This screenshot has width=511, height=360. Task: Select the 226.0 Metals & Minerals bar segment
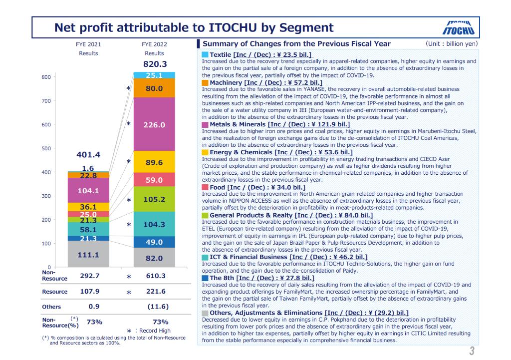coord(154,124)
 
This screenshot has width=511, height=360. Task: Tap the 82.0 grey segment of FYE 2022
coord(154,258)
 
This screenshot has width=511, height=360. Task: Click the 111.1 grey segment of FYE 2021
coord(81,254)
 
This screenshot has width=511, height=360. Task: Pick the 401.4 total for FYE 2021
coord(81,154)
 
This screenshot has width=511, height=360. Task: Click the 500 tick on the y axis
coord(46,149)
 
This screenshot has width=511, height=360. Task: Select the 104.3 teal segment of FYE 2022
coord(154,224)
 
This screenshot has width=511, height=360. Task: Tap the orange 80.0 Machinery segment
coord(154,88)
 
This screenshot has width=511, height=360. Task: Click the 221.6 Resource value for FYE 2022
coord(154,292)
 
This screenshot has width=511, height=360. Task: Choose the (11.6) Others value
coord(154,307)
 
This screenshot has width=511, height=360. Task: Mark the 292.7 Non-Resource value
coord(81,275)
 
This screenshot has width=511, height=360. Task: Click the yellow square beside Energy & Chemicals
coord(205,152)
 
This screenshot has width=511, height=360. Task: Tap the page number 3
coord(471,350)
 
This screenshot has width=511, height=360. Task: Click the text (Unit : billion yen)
coord(452,44)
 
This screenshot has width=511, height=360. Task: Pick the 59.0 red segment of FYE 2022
coord(154,179)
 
